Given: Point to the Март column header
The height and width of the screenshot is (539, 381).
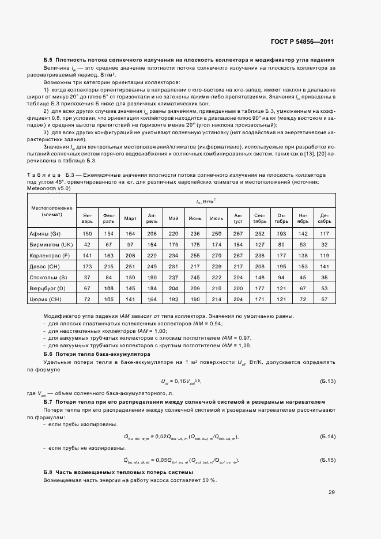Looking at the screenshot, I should (x=130, y=218).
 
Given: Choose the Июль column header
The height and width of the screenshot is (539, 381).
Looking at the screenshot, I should (x=217, y=218).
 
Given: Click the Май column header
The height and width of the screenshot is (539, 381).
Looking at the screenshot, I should (x=173, y=218).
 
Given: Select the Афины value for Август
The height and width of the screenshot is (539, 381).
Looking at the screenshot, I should (x=238, y=233).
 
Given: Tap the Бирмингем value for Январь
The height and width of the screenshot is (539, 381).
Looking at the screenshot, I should (x=88, y=244).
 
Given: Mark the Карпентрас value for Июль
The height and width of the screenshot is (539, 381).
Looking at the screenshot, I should (x=217, y=255).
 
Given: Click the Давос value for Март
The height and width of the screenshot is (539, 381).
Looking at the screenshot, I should (x=130, y=267).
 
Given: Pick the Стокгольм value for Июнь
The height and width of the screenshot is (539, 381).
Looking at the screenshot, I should (x=195, y=278).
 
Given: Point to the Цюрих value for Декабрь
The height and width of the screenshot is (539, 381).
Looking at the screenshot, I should (x=324, y=299).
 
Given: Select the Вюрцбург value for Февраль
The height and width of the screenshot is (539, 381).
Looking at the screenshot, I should (x=109, y=289).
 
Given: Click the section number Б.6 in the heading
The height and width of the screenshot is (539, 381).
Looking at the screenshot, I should (x=48, y=354).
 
